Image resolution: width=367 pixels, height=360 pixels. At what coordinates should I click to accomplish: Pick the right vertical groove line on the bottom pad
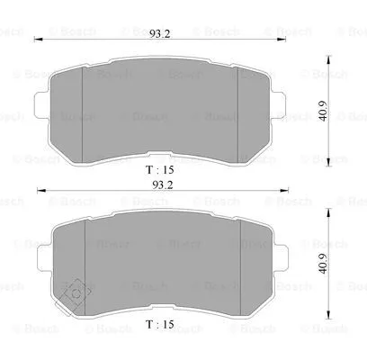pyautogui.click(x=238, y=261)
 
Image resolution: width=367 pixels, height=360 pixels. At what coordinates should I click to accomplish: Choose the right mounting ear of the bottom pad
pyautogui.click(x=282, y=263)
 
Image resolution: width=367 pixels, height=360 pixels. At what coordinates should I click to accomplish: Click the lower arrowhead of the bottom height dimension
pyautogui.click(x=319, y=304)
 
